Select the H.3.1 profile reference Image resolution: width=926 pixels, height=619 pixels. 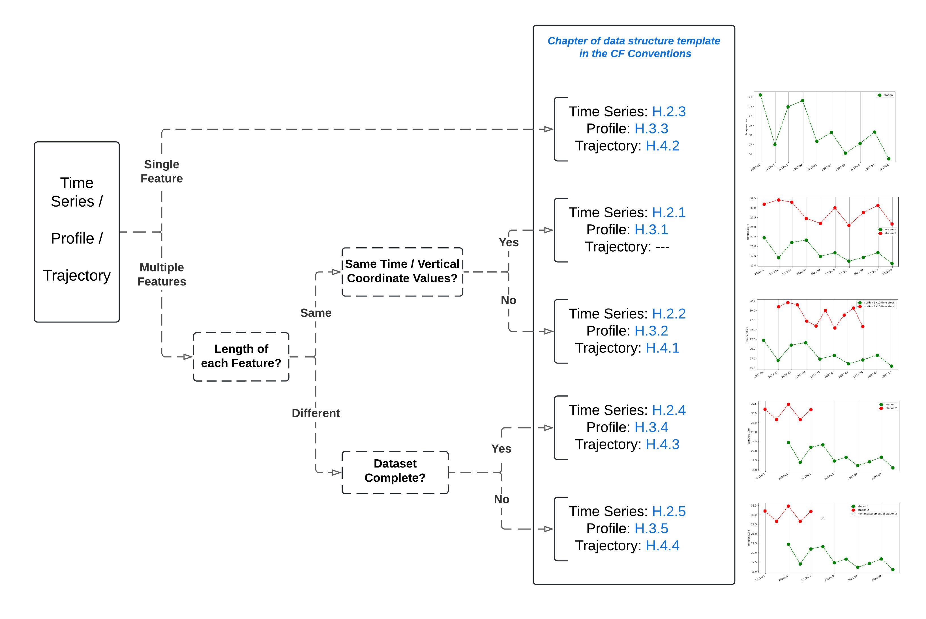651,230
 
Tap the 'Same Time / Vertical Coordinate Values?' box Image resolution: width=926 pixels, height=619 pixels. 402,272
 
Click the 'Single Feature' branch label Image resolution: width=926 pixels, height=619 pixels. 162,171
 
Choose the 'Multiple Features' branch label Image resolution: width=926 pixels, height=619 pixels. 162,274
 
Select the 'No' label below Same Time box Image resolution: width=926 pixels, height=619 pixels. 508,300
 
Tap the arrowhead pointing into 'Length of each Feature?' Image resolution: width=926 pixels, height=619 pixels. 187,357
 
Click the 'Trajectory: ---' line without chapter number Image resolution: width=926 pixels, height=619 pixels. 627,247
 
